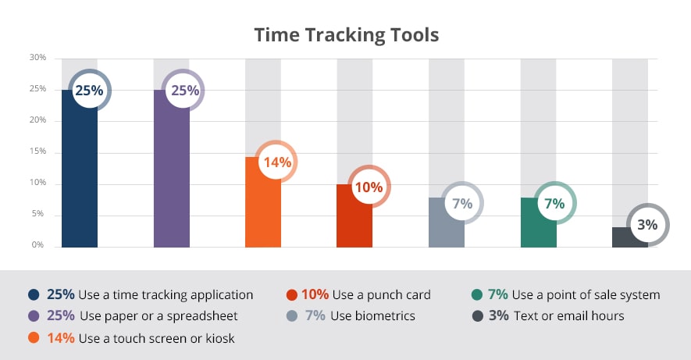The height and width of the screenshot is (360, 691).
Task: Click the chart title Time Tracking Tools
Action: click(347, 35)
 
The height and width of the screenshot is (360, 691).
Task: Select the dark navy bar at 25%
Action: click(80, 169)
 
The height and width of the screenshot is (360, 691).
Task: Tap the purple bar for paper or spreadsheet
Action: click(172, 169)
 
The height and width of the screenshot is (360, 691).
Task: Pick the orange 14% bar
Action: click(263, 202)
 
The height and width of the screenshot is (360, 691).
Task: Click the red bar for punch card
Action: click(354, 216)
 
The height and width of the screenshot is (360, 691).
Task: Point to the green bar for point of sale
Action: click(539, 223)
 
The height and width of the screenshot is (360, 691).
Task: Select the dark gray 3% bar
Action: click(630, 237)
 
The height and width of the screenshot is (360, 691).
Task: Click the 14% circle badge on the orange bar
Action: click(276, 162)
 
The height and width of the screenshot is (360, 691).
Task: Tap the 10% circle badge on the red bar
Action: click(369, 187)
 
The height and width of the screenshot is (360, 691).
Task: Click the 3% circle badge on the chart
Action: click(647, 224)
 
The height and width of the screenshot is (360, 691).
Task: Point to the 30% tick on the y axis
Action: click(38, 57)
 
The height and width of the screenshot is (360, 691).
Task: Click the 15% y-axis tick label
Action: click(38, 151)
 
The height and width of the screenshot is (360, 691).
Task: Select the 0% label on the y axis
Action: click(38, 244)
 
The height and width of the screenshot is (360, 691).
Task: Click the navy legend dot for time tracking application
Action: click(34, 294)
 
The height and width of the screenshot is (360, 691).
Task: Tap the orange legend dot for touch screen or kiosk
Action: click(34, 338)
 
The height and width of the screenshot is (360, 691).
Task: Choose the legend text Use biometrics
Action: click(372, 316)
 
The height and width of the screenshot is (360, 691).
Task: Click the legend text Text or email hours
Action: click(569, 316)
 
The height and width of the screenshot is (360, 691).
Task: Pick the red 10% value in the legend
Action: click(315, 294)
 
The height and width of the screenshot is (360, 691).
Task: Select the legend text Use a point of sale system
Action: click(586, 294)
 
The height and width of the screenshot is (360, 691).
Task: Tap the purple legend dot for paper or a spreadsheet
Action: click(34, 316)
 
